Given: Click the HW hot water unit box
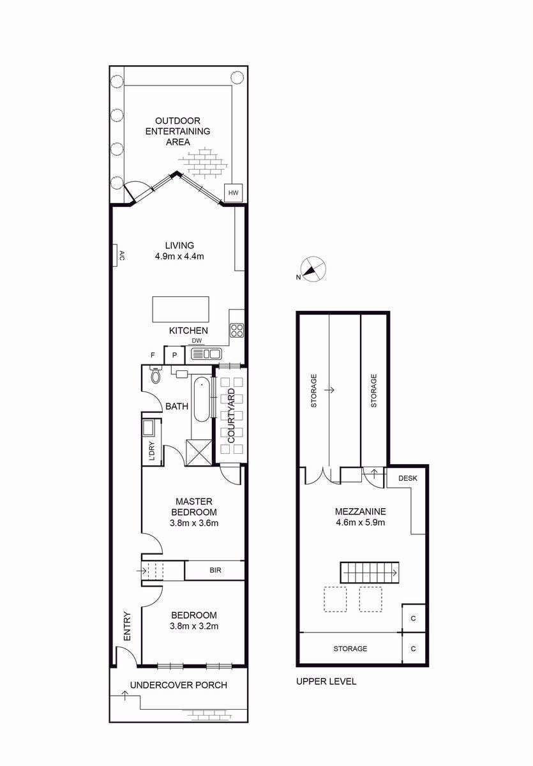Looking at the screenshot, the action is (x=234, y=193).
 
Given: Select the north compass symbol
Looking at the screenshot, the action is (x=313, y=269).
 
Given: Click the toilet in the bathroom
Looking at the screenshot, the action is (x=156, y=375).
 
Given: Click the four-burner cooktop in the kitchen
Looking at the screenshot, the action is (x=237, y=331).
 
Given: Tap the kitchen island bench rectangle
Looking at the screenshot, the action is (x=181, y=309).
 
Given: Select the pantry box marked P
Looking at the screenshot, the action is (x=174, y=356).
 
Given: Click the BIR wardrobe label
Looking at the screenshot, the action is (x=215, y=570).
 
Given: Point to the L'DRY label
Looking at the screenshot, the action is (x=152, y=451).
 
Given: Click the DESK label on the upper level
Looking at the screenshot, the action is (x=408, y=478).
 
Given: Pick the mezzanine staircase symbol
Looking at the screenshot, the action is (x=370, y=572).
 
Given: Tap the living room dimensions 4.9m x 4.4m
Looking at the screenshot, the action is (x=179, y=256).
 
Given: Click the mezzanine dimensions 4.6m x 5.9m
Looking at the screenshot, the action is (x=360, y=522).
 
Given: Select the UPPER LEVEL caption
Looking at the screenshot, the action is (x=326, y=681).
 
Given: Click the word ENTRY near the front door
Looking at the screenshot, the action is (x=127, y=626).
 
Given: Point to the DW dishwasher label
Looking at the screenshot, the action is (x=197, y=341).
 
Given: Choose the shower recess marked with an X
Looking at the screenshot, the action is (x=199, y=452).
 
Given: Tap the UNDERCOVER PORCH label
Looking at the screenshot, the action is (x=179, y=685).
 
